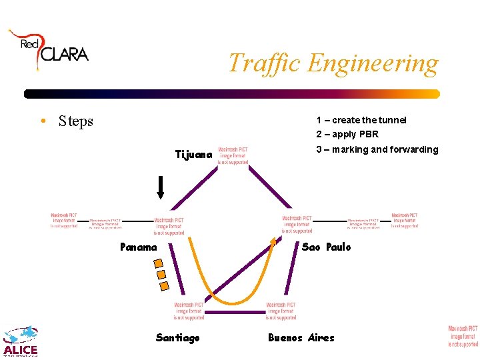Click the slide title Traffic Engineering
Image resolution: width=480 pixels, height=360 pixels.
pyautogui.click(x=333, y=63)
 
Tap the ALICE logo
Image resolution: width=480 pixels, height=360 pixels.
pyautogui.click(x=21, y=341)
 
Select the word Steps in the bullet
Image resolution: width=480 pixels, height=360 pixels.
pyautogui.click(x=75, y=121)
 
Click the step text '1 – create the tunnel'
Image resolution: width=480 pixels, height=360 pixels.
pyautogui.click(x=361, y=120)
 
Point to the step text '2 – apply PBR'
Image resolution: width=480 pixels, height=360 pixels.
pyautogui.click(x=347, y=134)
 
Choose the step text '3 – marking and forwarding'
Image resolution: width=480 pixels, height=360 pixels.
pyautogui.click(x=377, y=149)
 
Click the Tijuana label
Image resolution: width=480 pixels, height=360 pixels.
pyautogui.click(x=193, y=155)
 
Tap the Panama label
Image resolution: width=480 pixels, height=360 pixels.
pyautogui.click(x=138, y=247)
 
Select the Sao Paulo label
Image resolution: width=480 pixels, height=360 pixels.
pyautogui.click(x=326, y=247)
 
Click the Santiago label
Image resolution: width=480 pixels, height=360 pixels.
pyautogui.click(x=177, y=338)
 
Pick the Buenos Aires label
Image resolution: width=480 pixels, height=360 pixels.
pyautogui.click(x=301, y=338)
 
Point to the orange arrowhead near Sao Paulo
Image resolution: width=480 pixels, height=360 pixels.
pyautogui.click(x=272, y=241)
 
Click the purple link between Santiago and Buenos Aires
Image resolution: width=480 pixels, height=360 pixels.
pyautogui.click(x=233, y=311)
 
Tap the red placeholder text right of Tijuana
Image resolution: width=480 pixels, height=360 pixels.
pyautogui.click(x=233, y=156)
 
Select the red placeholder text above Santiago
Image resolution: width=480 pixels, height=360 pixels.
pyautogui.click(x=189, y=311)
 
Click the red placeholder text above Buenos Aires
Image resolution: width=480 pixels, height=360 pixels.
pyautogui.click(x=281, y=311)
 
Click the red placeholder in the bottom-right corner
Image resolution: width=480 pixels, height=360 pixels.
pyautogui.click(x=463, y=337)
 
